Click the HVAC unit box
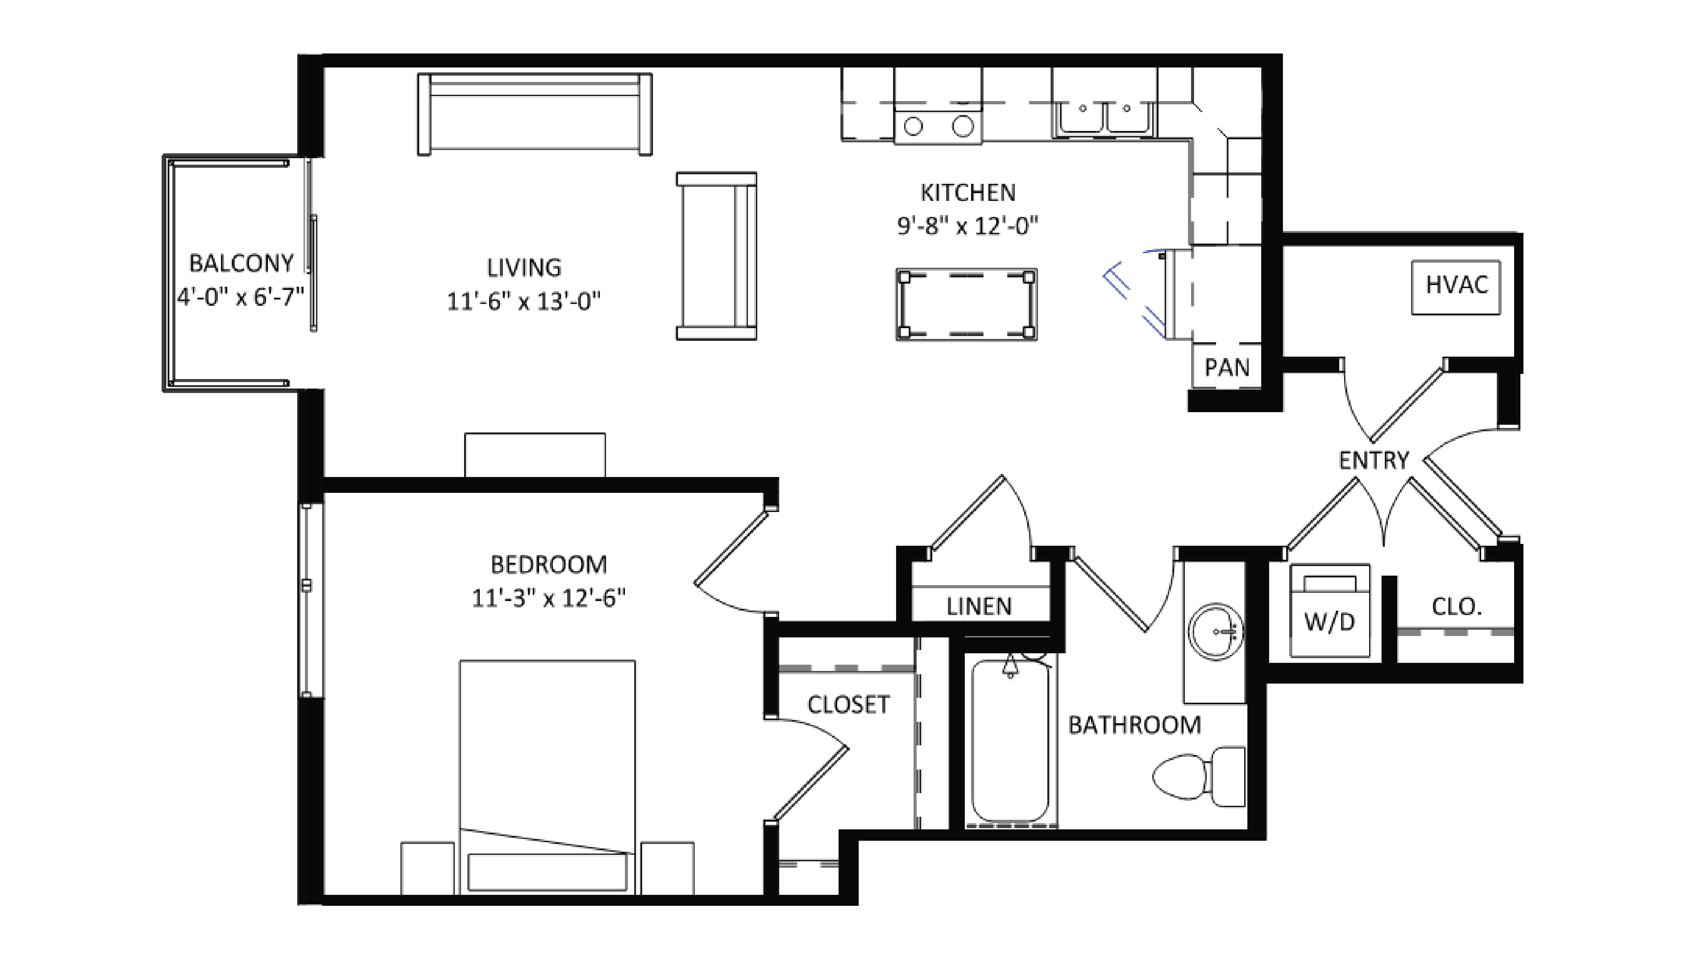(x=1456, y=288)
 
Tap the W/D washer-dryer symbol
(x=1330, y=611)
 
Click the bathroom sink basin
(x=1215, y=632)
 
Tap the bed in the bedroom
(x=547, y=776)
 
